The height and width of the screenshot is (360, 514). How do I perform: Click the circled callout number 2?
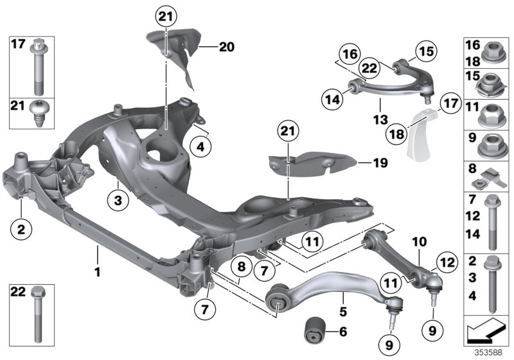(21, 228)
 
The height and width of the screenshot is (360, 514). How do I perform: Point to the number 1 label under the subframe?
(98, 273)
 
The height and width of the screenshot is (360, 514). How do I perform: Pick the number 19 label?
(380, 163)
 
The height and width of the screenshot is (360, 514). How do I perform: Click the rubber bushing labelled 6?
(315, 331)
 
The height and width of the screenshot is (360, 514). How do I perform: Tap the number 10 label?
(420, 242)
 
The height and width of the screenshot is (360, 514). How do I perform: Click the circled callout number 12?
(445, 261)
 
